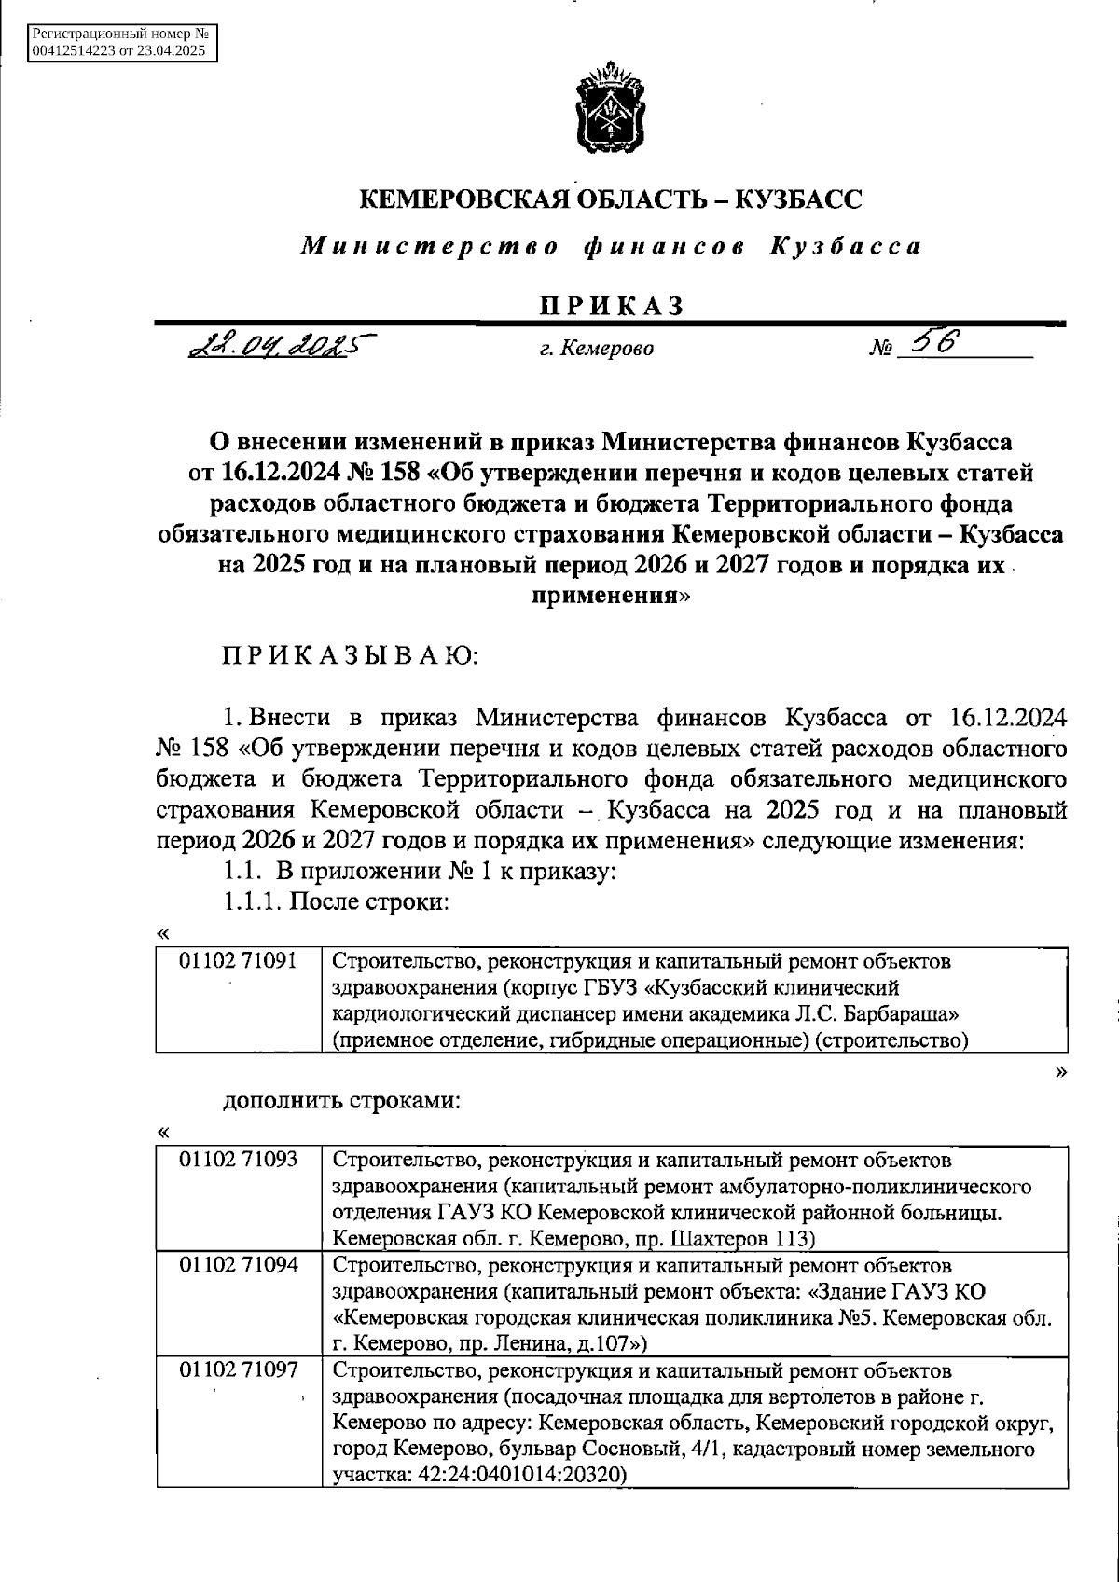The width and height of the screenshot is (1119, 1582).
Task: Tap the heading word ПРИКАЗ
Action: pyautogui.click(x=611, y=306)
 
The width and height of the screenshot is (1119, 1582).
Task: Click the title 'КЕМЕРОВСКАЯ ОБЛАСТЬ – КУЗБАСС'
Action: pyautogui.click(x=611, y=199)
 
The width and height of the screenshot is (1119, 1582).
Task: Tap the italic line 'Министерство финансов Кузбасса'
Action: pyautogui.click(x=611, y=247)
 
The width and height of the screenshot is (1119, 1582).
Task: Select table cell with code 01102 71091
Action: pyautogui.click(x=238, y=960)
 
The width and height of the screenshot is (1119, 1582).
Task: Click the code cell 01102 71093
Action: pyautogui.click(x=238, y=1160)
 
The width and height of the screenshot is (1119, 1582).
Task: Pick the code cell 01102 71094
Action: pyautogui.click(x=238, y=1265)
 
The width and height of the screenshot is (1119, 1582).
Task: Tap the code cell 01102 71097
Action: pyautogui.click(x=238, y=1370)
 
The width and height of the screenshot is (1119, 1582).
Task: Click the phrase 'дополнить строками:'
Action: pyautogui.click(x=341, y=1100)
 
